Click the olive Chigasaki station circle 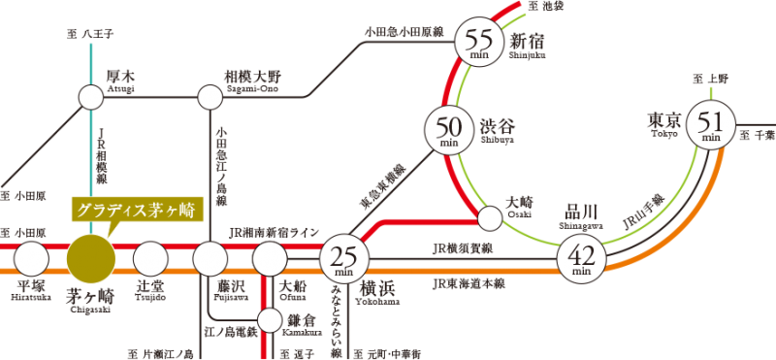point(90,259)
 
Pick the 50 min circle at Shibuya point(449,130)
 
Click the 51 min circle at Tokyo point(711,124)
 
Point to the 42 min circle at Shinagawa point(582,259)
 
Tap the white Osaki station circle point(491,218)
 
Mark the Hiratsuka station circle point(31,259)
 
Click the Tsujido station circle point(150,259)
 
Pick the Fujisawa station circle point(210,259)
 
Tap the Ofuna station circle point(270,259)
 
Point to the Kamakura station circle point(270,319)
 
